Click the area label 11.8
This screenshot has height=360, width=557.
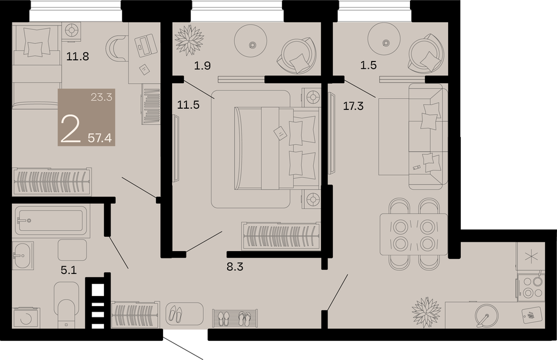point(78,56)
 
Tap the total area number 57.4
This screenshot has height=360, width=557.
point(100,138)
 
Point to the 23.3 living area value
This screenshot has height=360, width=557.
point(102,97)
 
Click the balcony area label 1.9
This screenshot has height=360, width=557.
point(203,65)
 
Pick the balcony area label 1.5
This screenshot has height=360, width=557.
point(368,65)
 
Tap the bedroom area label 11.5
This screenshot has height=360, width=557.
point(188,105)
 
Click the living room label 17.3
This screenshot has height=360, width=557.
point(353,105)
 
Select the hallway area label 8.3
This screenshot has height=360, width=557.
point(235,267)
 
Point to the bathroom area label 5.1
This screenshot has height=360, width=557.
point(69,270)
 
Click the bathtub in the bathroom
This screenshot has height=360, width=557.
point(50,220)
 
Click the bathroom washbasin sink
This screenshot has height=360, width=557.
point(23,255)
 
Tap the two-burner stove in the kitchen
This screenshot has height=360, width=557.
point(531,287)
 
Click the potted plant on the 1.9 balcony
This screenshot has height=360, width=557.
point(189,40)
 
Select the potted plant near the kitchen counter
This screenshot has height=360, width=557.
point(427,312)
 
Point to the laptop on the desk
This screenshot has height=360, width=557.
point(146,45)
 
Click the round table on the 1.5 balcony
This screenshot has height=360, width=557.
point(386,42)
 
